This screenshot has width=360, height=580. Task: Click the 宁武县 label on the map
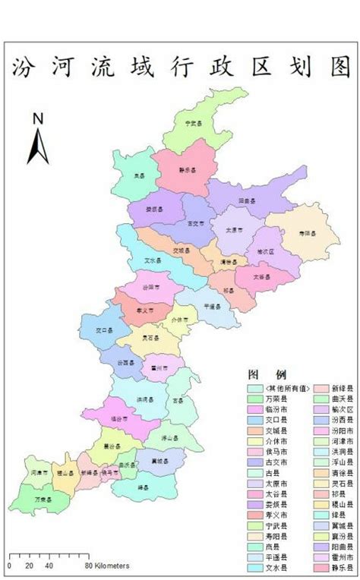(193, 121)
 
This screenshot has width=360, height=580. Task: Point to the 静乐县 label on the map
(187, 170)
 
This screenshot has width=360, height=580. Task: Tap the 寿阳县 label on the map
(306, 234)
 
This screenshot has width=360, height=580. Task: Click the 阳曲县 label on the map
(247, 200)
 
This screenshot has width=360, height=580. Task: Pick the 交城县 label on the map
(180, 249)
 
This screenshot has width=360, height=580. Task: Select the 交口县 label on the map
(103, 331)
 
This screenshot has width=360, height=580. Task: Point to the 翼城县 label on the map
(159, 460)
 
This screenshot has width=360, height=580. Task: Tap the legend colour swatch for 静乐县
(316, 567)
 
